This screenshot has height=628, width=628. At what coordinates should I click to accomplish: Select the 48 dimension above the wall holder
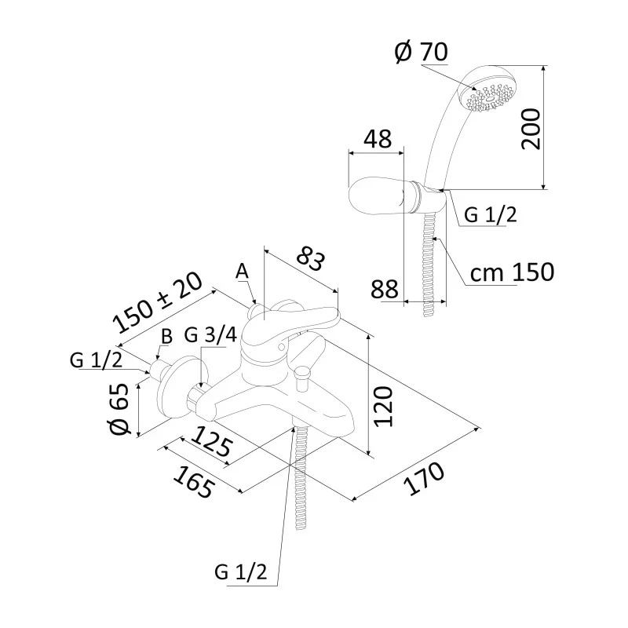[377, 140]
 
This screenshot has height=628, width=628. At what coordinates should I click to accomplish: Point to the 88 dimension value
[384, 288]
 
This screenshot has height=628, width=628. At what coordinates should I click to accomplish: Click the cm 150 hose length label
[512, 272]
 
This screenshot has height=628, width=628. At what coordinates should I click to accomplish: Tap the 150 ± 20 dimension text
[158, 302]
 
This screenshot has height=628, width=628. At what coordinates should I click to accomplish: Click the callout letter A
[242, 271]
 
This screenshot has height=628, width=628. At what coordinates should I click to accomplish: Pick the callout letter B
[166, 336]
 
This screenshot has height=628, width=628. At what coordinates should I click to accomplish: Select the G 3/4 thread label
[210, 335]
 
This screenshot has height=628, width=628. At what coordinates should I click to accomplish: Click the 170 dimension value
[424, 480]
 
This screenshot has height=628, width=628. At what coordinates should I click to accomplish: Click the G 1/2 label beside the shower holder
[491, 214]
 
